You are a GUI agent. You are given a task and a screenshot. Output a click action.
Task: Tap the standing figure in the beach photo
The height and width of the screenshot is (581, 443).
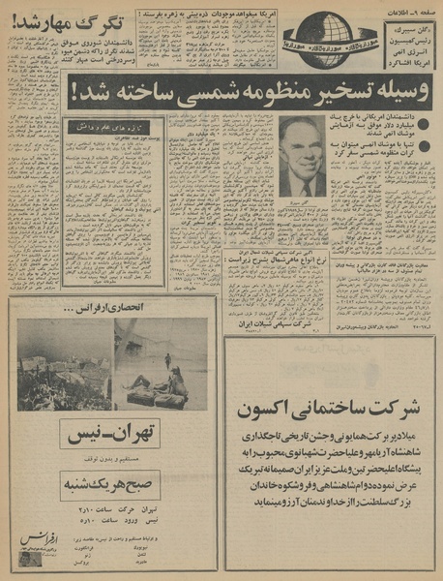[x=165, y=360]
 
